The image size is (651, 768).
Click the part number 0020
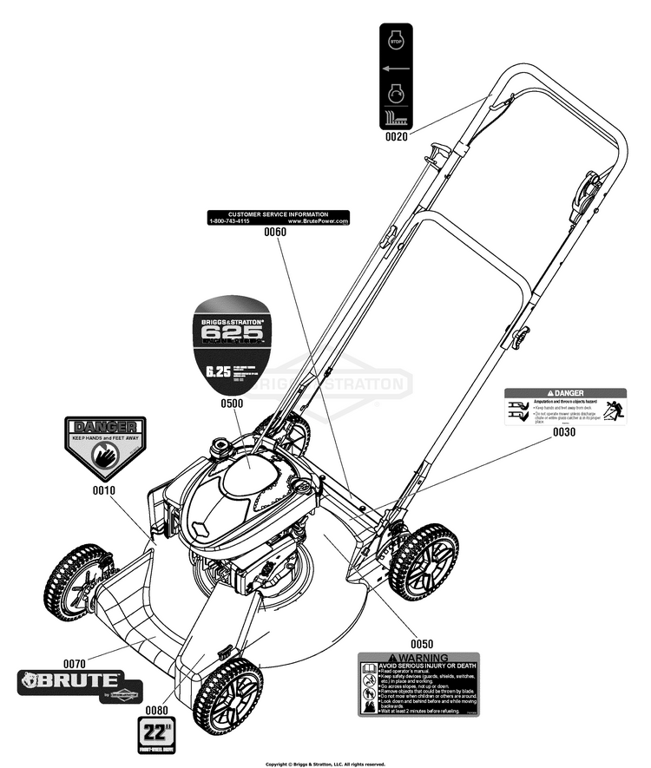398,136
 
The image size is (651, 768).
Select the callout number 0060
275,233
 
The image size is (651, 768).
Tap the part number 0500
231,403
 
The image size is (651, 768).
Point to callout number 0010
103,490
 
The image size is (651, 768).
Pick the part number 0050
422,643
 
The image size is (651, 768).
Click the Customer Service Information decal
279,217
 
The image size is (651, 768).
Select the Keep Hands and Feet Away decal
105,447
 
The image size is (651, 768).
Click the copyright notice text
325,764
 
